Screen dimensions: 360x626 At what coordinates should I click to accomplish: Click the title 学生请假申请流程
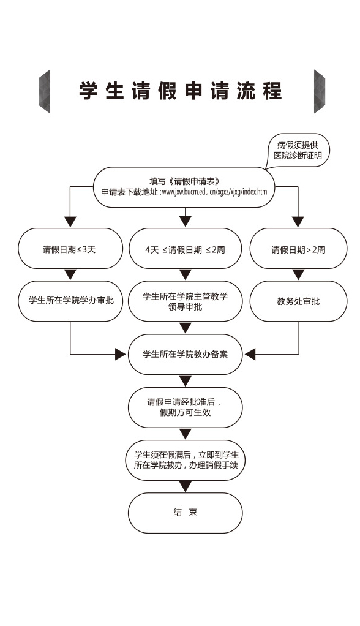point(181,91)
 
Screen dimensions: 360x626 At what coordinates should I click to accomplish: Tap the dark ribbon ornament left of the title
point(44,91)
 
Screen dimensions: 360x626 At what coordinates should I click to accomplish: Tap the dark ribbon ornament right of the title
point(320,91)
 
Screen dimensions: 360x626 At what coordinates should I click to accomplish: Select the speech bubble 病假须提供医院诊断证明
point(298,151)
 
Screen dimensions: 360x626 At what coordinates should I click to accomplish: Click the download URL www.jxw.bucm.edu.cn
point(214,192)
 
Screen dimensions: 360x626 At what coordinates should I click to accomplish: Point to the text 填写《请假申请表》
point(184,182)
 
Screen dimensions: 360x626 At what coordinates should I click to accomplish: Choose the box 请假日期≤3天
point(70,248)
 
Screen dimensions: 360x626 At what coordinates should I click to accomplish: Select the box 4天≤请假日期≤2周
point(185,248)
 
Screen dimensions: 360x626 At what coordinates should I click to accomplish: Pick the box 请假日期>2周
point(298,248)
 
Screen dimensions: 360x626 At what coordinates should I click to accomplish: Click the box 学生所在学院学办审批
point(70,301)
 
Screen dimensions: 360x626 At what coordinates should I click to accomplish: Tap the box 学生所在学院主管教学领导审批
point(185,301)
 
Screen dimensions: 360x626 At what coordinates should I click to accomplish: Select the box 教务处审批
point(298,301)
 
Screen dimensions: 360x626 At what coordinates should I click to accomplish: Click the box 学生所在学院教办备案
point(185,354)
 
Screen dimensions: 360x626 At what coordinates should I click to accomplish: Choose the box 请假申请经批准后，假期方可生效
point(185,407)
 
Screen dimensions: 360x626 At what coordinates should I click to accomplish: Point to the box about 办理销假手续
point(185,460)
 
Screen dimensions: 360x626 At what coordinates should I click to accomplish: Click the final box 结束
point(185,513)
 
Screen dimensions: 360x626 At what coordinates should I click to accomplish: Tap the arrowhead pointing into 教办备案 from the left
point(121,354)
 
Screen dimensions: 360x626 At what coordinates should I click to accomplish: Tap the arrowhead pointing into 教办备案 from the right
point(250,354)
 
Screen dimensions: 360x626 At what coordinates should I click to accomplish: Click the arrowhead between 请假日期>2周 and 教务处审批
point(298,274)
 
